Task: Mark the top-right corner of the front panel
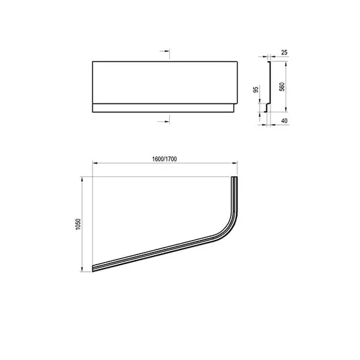coord(238,61)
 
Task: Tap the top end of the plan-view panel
coord(236,179)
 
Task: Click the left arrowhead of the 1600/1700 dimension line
coord(95,164)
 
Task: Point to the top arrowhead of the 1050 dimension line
coord(83,179)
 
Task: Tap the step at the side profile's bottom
coord(267,109)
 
